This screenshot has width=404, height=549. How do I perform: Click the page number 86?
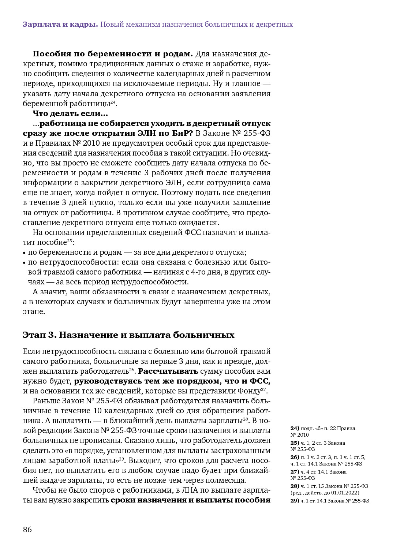point(27,529)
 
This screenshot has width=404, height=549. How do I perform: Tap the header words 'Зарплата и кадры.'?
point(60,25)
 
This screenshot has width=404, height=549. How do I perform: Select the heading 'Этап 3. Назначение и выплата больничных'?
point(128,335)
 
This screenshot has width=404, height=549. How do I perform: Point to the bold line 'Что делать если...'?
point(70,113)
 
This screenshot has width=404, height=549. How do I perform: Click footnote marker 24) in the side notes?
point(295,428)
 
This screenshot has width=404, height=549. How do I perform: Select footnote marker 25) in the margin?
point(295,443)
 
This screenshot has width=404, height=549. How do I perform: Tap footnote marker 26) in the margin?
point(295,457)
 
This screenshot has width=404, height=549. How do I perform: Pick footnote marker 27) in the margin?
point(295,472)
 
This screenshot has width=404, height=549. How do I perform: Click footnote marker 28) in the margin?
point(295,486)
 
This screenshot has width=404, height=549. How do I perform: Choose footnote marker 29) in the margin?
point(295,501)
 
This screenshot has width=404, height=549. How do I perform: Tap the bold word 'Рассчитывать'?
point(168,371)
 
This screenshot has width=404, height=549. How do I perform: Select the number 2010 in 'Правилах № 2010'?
point(91,143)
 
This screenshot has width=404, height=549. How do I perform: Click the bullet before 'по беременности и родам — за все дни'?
point(25,253)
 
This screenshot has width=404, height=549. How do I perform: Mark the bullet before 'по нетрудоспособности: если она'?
point(25,262)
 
